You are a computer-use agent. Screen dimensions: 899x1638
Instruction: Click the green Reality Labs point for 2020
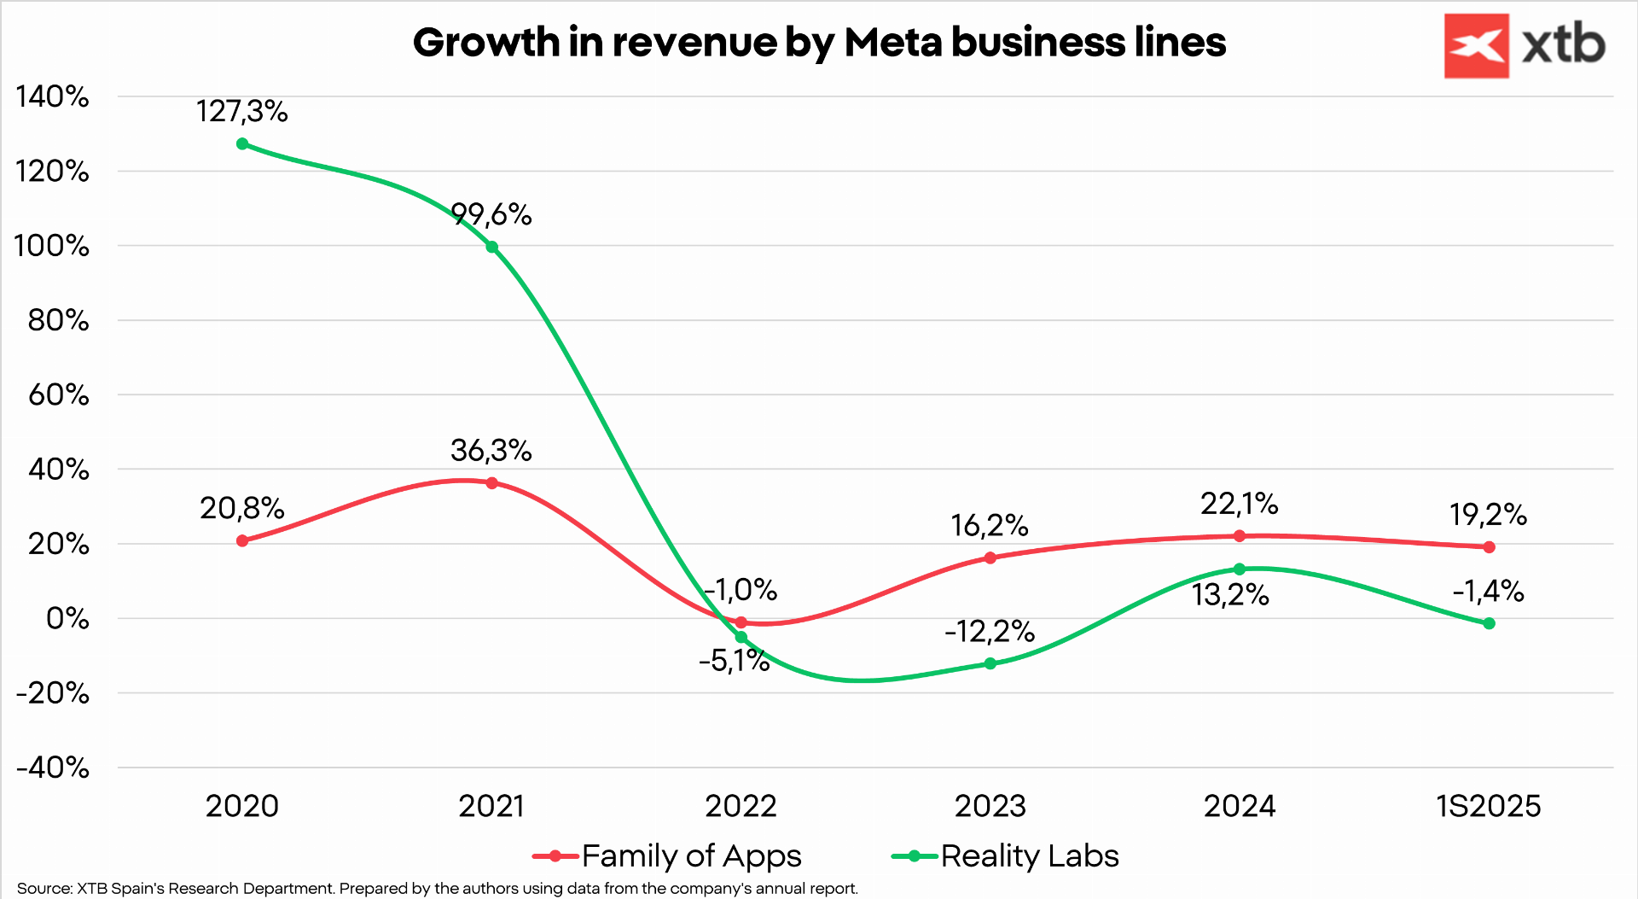pyautogui.click(x=242, y=144)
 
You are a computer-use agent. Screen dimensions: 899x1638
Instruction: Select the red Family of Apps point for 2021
pyautogui.click(x=491, y=483)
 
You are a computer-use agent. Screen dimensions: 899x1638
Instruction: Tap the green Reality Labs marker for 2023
pyautogui.click(x=990, y=663)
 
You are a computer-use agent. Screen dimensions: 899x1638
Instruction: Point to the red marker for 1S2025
pyautogui.click(x=1489, y=547)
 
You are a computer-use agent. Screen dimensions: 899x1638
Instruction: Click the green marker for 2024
pyautogui.click(x=1240, y=569)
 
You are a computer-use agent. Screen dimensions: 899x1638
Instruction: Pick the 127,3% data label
pyautogui.click(x=242, y=111)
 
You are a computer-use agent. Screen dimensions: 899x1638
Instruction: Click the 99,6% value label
pyautogui.click(x=491, y=214)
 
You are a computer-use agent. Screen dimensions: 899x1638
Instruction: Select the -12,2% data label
pyautogui.click(x=990, y=632)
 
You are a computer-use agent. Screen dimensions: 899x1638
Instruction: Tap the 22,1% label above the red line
pyautogui.click(x=1239, y=504)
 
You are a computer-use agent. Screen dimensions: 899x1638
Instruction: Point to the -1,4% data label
pyautogui.click(x=1488, y=591)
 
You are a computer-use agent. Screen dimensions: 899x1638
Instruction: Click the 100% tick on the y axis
pyautogui.click(x=52, y=246)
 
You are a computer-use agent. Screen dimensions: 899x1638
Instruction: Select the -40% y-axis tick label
pyautogui.click(x=52, y=768)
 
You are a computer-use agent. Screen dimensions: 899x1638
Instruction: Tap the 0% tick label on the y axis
pyautogui.click(x=67, y=618)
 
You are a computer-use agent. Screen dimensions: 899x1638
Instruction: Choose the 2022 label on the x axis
pyautogui.click(x=741, y=806)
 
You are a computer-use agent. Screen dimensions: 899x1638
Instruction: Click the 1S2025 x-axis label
pyautogui.click(x=1489, y=806)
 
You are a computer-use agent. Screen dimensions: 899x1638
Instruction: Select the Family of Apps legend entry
pyautogui.click(x=691, y=855)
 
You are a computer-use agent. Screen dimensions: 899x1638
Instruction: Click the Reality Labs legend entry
pyautogui.click(x=1029, y=855)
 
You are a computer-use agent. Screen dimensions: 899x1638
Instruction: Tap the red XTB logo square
pyautogui.click(x=1476, y=46)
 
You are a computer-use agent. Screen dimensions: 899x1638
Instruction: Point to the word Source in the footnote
pyautogui.click(x=44, y=889)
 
